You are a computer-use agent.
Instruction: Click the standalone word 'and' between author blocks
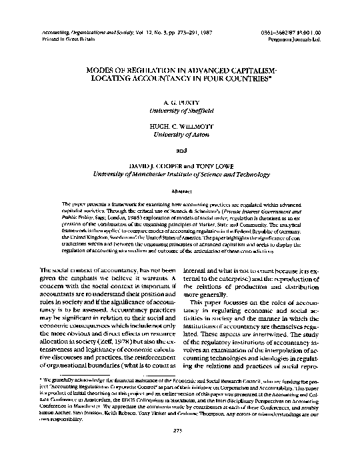180,150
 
